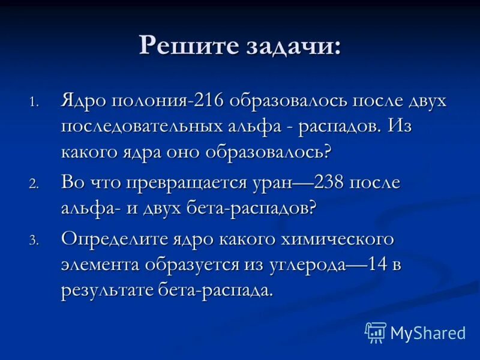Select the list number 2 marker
35,185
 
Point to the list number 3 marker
35,241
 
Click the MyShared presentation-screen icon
376,332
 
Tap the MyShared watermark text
428,332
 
